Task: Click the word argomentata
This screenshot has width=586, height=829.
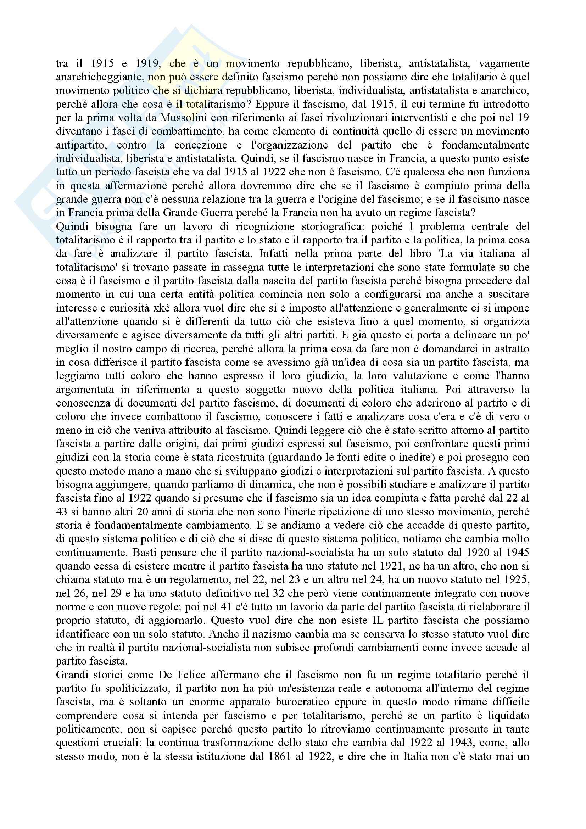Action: coord(82,390)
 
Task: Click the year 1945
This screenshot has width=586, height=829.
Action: coord(516,553)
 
